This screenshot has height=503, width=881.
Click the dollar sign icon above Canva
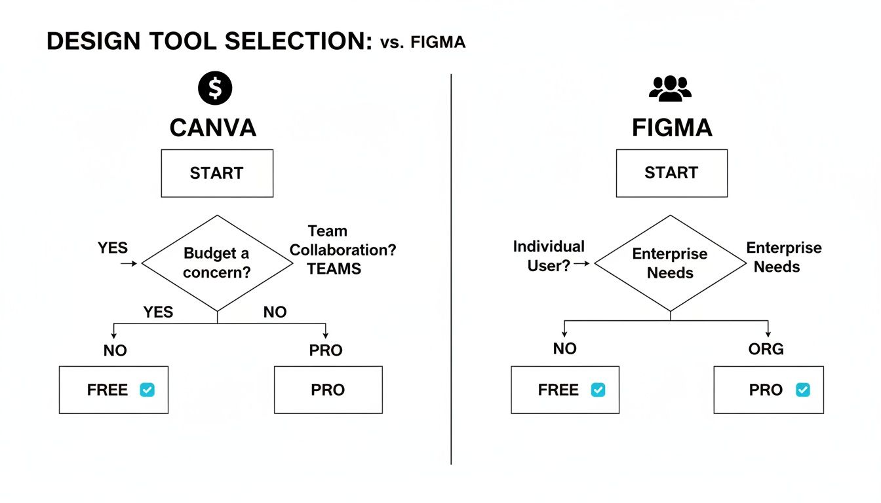pos(215,88)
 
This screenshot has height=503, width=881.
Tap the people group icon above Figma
pos(670,88)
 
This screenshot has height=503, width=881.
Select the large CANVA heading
pos(212,128)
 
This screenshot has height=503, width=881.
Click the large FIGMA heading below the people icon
pos(672,128)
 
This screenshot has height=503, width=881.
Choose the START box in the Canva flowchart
pos(217,174)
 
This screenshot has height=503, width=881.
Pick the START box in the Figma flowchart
pos(671,174)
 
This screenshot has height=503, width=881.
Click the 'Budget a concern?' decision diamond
pos(217,263)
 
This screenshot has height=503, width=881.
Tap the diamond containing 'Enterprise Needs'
pos(670,263)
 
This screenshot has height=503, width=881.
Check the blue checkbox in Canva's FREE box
pos(147,390)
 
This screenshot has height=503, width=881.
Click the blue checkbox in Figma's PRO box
pos(802,390)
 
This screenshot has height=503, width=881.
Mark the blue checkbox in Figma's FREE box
pos(598,390)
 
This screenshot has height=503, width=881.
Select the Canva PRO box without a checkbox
pos(328,390)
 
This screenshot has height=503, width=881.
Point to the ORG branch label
pos(766,349)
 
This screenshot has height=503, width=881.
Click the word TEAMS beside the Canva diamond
pos(334,269)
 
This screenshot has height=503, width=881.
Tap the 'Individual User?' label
pos(548,256)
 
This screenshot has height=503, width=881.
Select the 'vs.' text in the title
pos(392,43)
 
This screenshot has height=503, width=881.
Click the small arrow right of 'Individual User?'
pos(582,263)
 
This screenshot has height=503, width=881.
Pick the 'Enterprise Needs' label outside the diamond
pos(783,257)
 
